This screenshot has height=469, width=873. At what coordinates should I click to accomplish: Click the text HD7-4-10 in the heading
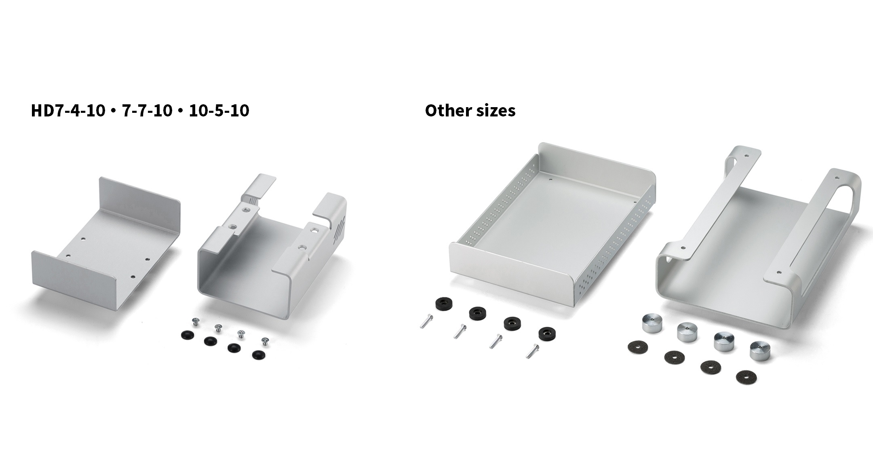[x=68, y=110]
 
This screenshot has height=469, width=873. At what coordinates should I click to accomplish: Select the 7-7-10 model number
[x=147, y=110]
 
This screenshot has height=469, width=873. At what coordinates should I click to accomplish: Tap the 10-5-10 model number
[x=219, y=110]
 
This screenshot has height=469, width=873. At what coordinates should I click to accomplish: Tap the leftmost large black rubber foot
[x=444, y=304]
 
